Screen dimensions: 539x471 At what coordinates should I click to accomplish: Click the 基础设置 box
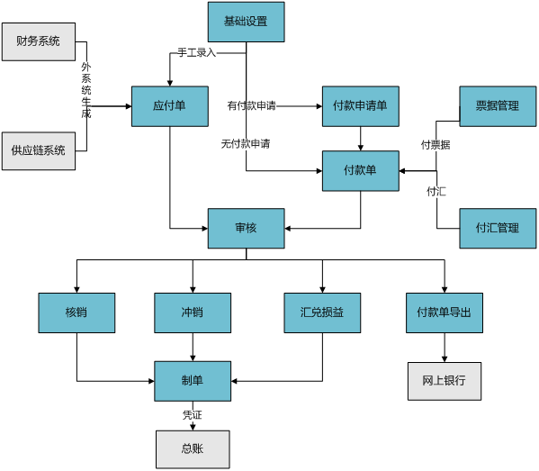(247, 22)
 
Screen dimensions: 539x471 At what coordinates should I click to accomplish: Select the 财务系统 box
(39, 41)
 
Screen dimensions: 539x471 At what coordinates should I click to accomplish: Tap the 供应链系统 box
(39, 150)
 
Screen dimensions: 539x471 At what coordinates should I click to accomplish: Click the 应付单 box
(170, 106)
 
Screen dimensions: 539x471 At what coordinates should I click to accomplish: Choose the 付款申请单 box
(361, 106)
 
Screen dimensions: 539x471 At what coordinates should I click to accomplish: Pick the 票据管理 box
(498, 106)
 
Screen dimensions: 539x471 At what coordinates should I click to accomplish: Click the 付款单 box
(361, 170)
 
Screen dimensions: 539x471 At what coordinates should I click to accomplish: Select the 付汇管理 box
(498, 228)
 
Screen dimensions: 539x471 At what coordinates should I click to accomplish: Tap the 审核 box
(247, 228)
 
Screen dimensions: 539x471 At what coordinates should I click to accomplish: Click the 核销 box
(76, 312)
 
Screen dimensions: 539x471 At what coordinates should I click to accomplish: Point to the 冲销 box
(193, 312)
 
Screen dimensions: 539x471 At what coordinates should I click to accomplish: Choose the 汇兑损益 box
(322, 312)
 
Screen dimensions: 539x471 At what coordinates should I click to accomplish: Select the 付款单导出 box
(445, 312)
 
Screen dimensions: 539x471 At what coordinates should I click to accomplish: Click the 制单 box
(193, 381)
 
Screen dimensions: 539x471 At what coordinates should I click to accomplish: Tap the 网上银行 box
(445, 381)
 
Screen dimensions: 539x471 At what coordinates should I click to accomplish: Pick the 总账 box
(193, 449)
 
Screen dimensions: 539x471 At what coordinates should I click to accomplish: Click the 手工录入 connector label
(197, 52)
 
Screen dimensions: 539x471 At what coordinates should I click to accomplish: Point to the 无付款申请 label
(246, 143)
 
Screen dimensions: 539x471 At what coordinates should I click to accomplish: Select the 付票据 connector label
(436, 144)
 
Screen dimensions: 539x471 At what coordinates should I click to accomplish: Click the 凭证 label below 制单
(193, 415)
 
